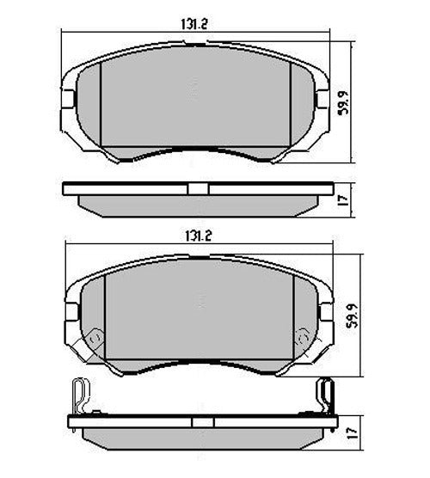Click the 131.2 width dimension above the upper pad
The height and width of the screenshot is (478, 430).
(x=195, y=24)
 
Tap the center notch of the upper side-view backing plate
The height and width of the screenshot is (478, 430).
(x=197, y=188)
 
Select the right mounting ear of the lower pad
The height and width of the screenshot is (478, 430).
(x=324, y=308)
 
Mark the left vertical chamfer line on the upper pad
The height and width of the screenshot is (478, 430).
(x=101, y=107)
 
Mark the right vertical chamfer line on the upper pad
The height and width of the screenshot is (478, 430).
(x=292, y=107)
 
